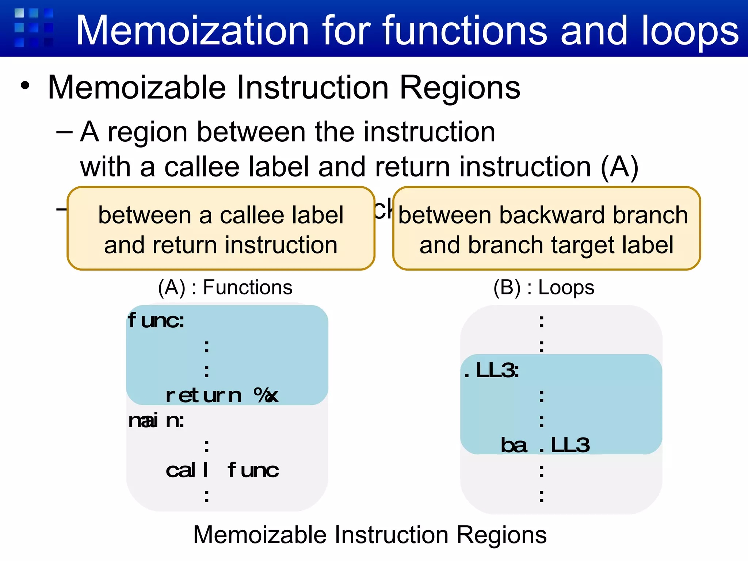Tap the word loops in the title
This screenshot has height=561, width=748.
(x=690, y=31)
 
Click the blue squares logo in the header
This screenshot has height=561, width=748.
(x=34, y=28)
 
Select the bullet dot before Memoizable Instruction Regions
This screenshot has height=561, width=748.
(x=25, y=86)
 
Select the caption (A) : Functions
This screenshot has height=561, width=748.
(x=225, y=287)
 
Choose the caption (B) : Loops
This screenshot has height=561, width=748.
(x=543, y=287)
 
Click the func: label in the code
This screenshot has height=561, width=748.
(x=156, y=321)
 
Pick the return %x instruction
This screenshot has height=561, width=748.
(x=222, y=396)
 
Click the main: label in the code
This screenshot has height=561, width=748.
(x=156, y=420)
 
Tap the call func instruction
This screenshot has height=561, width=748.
(x=222, y=470)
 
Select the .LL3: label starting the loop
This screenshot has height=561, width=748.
(x=491, y=371)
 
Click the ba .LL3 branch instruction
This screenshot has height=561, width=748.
(x=545, y=445)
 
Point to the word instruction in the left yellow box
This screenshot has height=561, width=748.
(x=281, y=245)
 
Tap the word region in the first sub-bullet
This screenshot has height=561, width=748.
(x=148, y=132)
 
